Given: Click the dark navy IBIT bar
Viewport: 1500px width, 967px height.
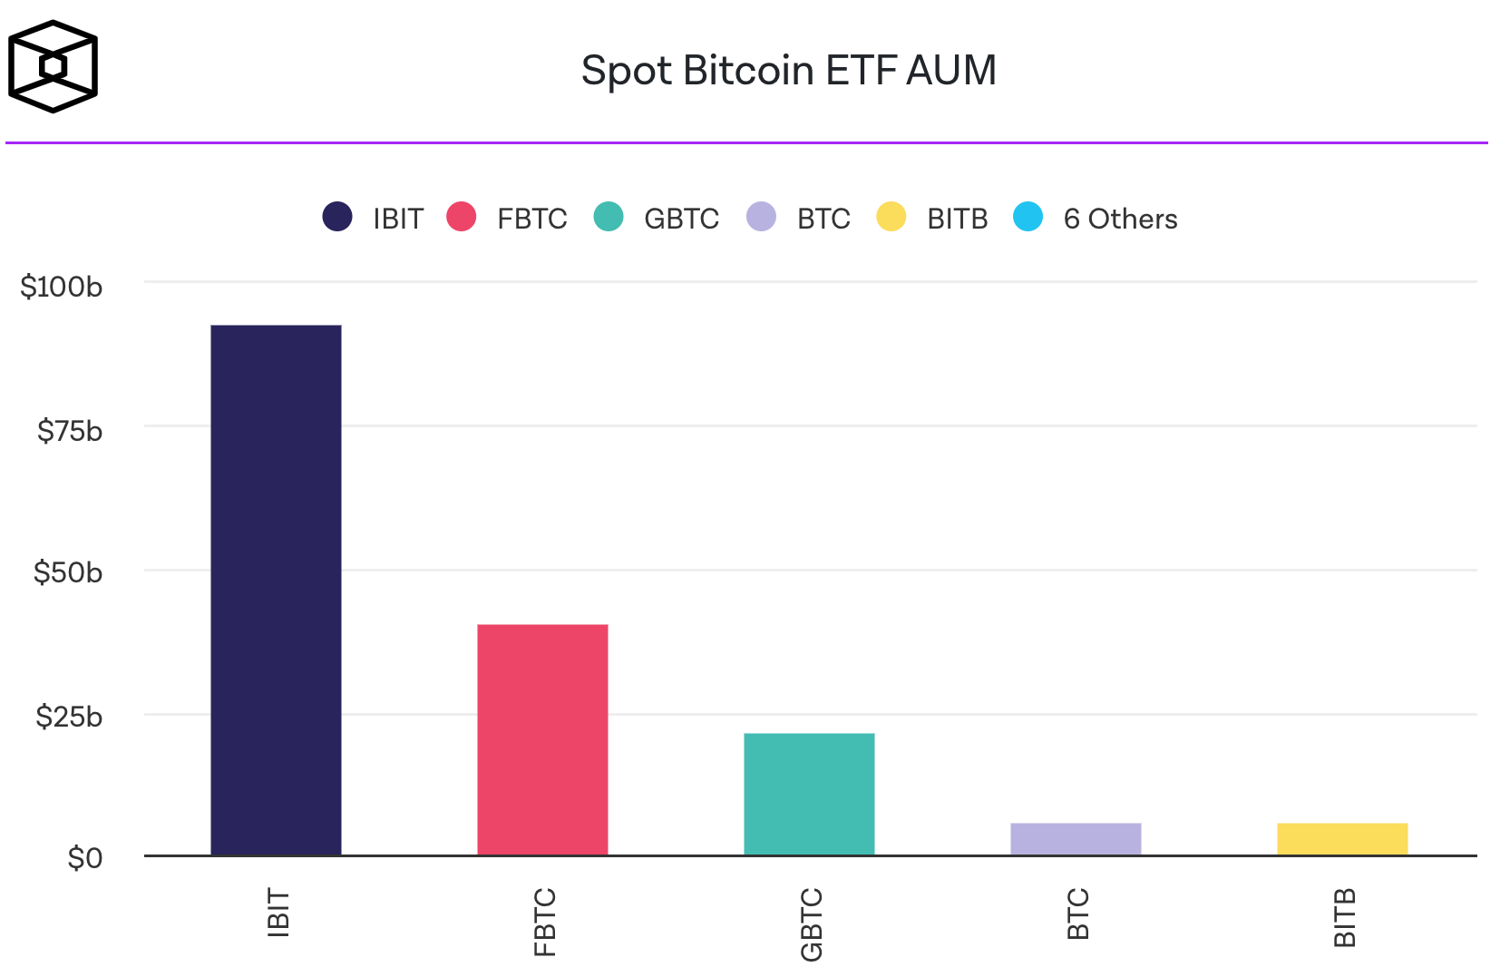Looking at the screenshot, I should pos(276,590).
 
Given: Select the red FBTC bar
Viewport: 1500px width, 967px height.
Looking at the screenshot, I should pos(542,739).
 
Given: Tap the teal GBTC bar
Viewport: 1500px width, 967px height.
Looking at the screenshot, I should pos(809,794).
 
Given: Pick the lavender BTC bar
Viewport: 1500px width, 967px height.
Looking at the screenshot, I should pos(1076,839).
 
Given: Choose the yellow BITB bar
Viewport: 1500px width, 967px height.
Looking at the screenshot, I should pos(1342,839).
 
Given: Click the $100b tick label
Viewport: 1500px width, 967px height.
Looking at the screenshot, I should pos(62,287).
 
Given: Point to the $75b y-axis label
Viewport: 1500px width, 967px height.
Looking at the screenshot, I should pos(70,431).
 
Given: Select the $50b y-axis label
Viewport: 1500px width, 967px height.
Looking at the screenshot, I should pos(68,572).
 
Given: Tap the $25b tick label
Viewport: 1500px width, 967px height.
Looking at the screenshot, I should pos(69,717).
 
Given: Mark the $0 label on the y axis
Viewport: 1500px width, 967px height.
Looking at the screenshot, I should pos(85,857).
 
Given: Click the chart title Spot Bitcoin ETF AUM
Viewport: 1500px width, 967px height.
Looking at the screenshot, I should pos(788,70).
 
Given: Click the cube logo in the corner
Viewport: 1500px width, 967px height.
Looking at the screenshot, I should pos(53,66).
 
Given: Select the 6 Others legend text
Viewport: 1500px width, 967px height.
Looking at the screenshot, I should pos(1120,219).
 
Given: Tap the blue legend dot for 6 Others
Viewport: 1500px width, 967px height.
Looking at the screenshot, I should pos(1028,217).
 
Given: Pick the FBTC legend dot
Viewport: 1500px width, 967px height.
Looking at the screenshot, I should pos(462,217).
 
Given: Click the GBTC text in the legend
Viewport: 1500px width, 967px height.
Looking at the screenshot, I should pos(681,219).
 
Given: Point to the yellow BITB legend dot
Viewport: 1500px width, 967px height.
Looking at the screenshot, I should pos(891,217).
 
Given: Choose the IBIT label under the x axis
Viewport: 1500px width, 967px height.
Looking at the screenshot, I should pos(278,913).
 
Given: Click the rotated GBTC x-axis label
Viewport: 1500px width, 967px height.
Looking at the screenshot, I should pos(812,924).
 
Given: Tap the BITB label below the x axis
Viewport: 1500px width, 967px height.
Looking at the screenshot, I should pos(1345,917).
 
